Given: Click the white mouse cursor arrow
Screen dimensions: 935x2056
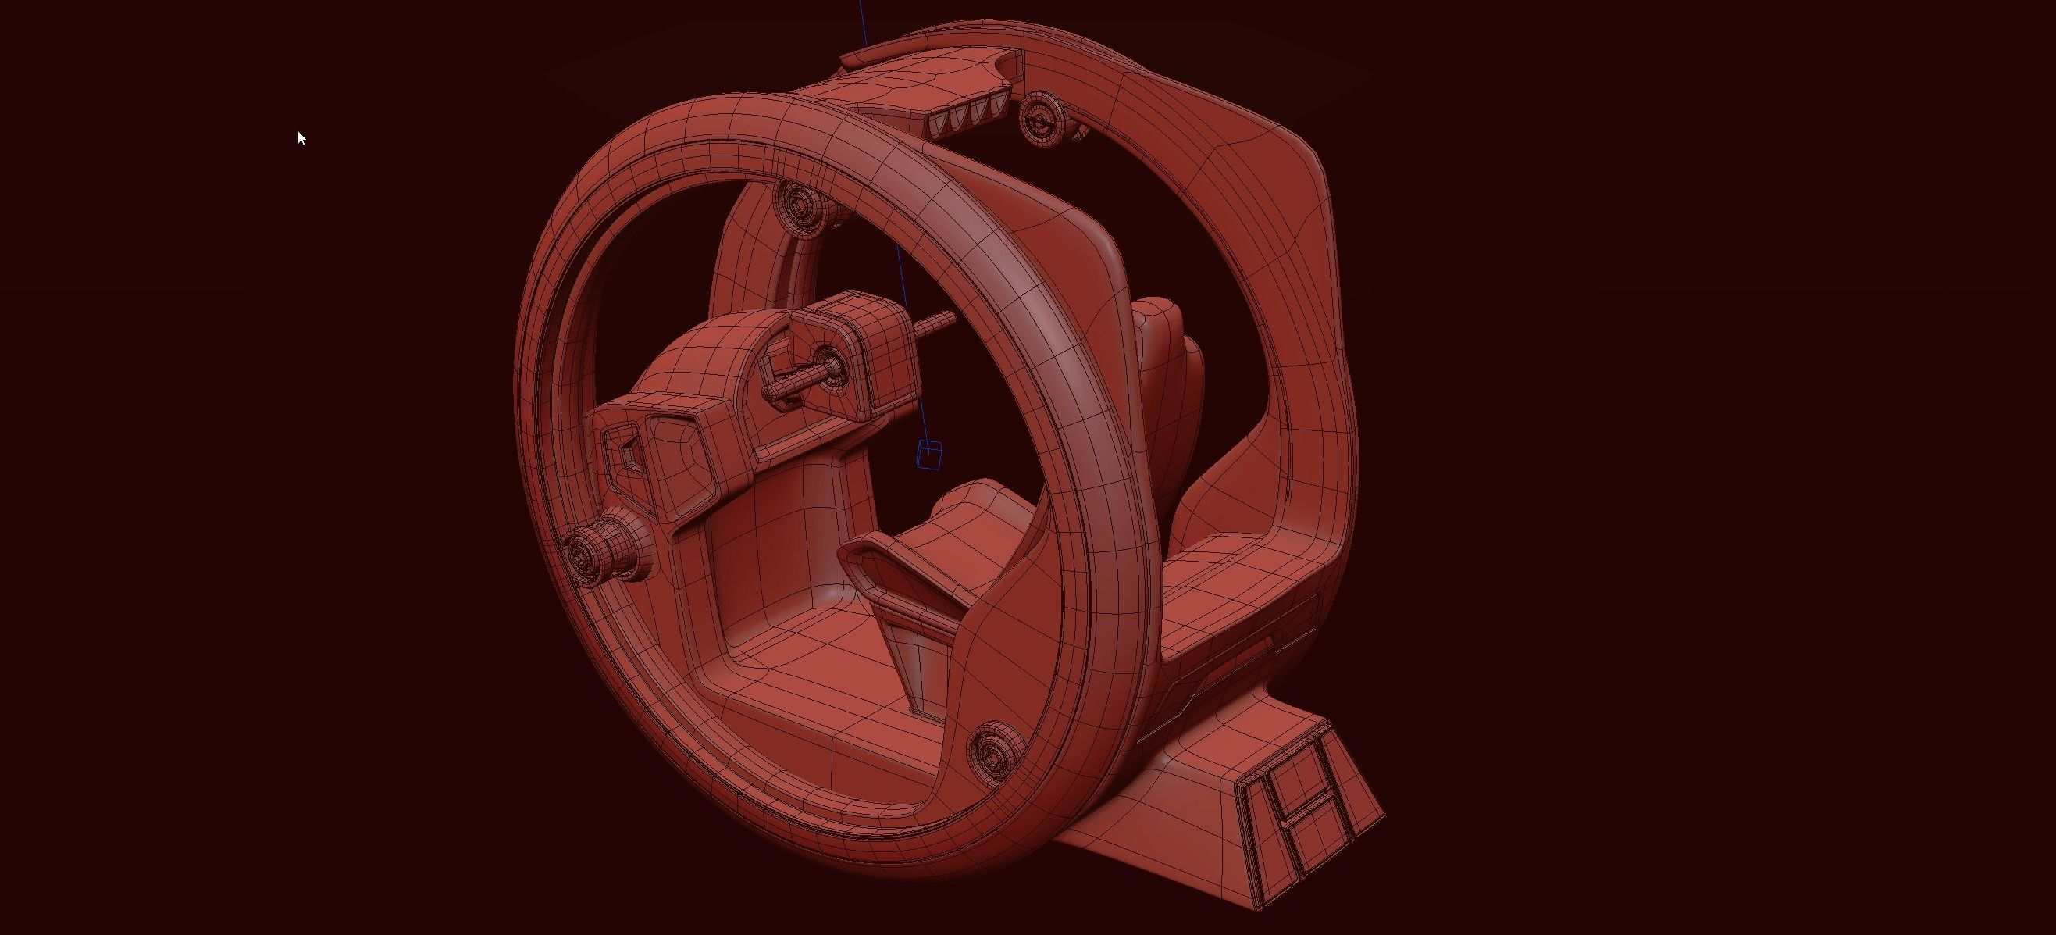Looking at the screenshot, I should pyautogui.click(x=301, y=138).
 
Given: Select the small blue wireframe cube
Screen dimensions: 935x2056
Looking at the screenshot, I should pyautogui.click(x=928, y=455).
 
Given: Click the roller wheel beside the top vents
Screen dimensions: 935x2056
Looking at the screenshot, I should pyautogui.click(x=1042, y=118).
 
